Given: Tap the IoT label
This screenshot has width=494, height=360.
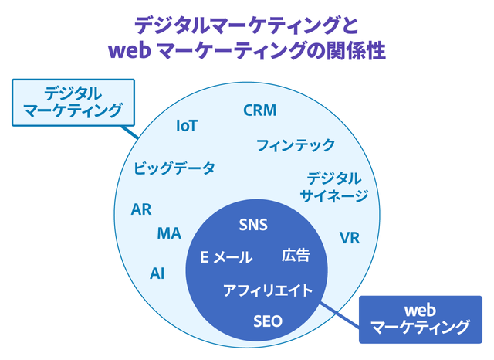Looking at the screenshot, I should click(187, 125).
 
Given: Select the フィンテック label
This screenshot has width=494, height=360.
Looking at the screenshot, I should click(295, 144).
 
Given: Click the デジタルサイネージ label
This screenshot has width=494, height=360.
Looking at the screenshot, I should click(333, 186).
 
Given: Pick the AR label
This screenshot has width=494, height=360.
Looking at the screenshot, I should click(141, 210).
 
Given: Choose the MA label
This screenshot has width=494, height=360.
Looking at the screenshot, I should click(169, 233).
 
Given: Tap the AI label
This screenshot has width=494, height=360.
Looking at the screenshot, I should click(157, 273).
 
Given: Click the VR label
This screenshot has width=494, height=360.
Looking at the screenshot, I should click(350, 238).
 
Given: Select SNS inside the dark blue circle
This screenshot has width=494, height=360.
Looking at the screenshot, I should click(252, 226).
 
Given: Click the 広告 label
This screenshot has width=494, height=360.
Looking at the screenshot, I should click(296, 255).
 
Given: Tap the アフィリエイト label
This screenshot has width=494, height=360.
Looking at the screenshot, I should click(268, 290).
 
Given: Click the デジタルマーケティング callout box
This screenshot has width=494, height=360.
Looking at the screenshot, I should click(73, 102).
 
